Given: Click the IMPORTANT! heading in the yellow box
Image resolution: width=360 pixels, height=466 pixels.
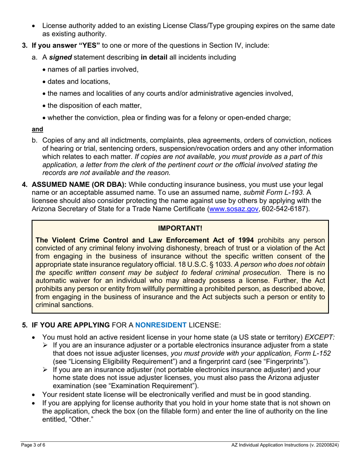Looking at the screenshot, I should [x=180, y=228].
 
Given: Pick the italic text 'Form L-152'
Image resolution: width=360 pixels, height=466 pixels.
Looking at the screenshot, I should [x=313, y=353].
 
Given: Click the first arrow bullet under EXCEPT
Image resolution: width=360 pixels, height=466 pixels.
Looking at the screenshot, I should [x=45, y=345].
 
